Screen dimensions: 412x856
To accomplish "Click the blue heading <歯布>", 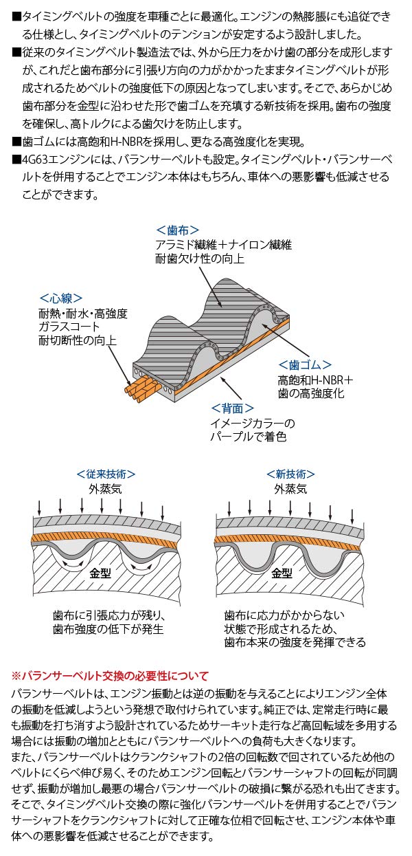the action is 177,230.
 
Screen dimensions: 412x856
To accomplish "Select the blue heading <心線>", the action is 60,298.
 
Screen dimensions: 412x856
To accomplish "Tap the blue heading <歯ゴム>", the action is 305,365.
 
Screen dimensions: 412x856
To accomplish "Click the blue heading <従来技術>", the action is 106,474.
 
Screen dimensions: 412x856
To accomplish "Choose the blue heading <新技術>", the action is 290,474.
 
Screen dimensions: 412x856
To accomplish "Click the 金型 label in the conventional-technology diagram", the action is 100,573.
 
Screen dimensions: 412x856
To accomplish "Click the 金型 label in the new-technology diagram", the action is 282,573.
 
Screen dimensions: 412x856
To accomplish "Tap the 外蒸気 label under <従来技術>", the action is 105,489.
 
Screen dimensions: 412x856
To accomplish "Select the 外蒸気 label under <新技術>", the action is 290,489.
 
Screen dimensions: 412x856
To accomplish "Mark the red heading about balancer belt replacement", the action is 110,676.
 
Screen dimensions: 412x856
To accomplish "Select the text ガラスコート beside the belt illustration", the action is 69,327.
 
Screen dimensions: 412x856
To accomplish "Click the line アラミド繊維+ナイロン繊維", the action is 224,245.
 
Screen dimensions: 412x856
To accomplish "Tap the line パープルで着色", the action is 249,437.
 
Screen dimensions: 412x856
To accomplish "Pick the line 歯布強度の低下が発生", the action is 108,629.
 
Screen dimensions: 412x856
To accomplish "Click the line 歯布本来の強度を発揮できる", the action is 295,642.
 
